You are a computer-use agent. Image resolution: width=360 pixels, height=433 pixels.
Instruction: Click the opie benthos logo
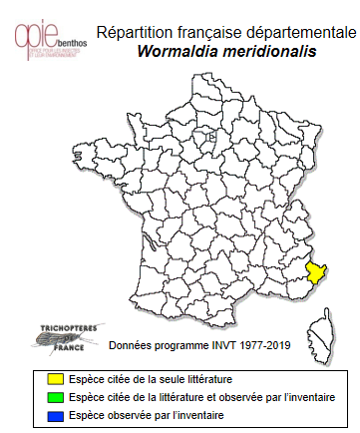click(x=46, y=38)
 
